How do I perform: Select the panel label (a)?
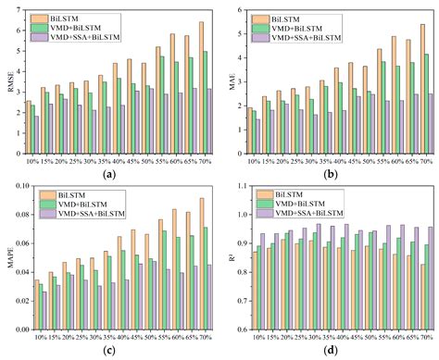point(110,173)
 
